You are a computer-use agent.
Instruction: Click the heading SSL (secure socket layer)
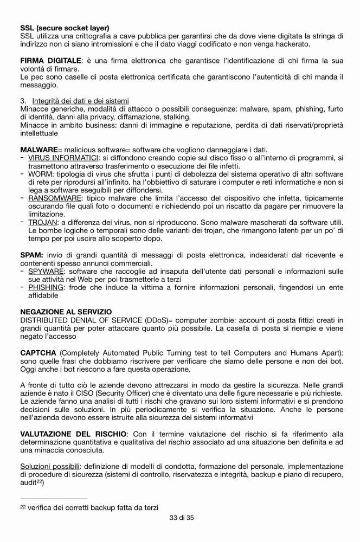(x=65, y=28)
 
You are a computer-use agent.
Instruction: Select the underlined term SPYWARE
(x=46, y=272)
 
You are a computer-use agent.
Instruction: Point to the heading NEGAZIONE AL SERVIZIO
(x=66, y=312)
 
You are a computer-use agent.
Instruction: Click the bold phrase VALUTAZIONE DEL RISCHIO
(x=73, y=434)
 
